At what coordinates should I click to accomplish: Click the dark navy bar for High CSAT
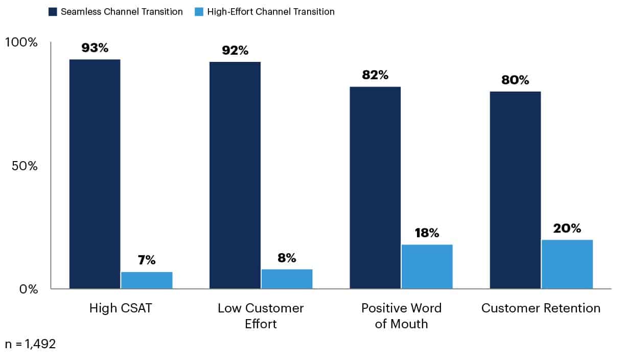pos(95,174)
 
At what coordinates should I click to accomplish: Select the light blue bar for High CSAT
pos(147,280)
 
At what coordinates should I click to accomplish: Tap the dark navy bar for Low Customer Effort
pos(235,175)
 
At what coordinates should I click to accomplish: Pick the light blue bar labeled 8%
pos(287,279)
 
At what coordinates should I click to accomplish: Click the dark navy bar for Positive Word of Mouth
pos(375,188)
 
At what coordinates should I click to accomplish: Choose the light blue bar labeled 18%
pos(427,266)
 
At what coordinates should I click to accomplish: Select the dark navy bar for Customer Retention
pos(515,190)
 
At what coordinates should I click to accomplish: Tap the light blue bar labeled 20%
pos(567,264)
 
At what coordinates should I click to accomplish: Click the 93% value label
pos(95,48)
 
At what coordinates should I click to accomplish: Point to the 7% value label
pos(147,260)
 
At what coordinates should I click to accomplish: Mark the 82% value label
pos(375,75)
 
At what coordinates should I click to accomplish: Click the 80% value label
pos(515,80)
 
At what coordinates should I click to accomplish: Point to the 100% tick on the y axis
pos(21,42)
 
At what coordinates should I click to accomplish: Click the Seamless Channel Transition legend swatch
pos(53,12)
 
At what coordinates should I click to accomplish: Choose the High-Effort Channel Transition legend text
pos(271,12)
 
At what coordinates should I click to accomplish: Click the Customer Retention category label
pos(541,308)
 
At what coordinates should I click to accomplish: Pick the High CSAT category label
pos(121,308)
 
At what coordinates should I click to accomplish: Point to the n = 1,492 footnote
pos(30,344)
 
